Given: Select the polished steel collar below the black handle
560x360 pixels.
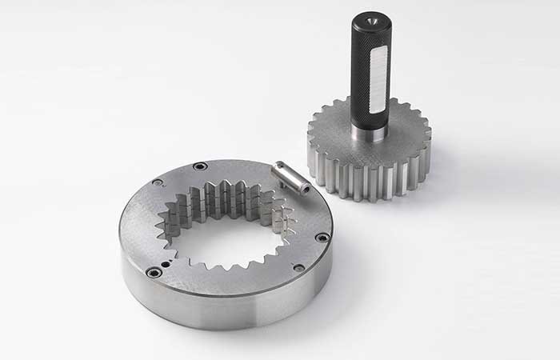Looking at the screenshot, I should (370, 132).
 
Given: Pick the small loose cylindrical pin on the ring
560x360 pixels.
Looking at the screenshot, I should (290, 178).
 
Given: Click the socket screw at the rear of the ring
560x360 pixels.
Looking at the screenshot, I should (200, 166).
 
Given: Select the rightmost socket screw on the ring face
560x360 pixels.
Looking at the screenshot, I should (322, 237).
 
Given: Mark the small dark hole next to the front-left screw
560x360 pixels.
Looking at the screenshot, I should (166, 262).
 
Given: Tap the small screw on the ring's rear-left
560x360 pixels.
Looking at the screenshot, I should (158, 182).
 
